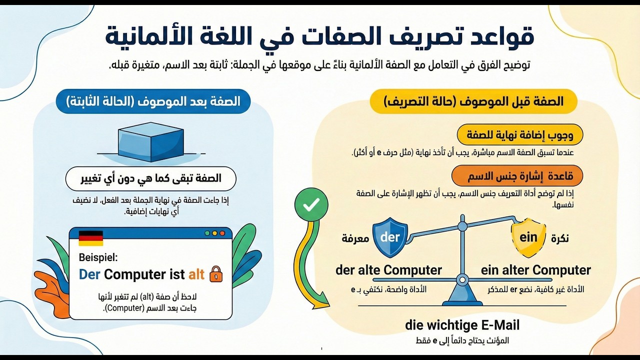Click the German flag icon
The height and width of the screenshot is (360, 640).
[91, 238]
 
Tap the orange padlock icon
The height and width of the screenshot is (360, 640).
[216, 274]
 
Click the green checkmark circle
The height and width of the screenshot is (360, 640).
[311, 204]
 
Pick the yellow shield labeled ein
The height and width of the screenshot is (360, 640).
[528, 237]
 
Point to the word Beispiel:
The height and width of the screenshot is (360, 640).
[98, 257]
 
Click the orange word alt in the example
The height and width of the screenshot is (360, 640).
[196, 274]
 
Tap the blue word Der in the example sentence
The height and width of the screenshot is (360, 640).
[89, 274]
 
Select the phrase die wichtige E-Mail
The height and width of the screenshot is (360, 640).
[462, 325]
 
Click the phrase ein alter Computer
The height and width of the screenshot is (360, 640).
[535, 270]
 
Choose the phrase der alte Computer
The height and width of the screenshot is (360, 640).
[388, 270]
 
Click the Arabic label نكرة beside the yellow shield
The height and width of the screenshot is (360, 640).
[560, 238]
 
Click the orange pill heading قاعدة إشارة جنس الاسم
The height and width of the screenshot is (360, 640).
[517, 175]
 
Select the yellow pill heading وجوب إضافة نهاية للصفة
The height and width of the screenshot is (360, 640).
[520, 134]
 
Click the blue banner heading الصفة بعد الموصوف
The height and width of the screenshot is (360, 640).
[153, 101]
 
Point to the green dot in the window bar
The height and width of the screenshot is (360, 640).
[207, 233]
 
